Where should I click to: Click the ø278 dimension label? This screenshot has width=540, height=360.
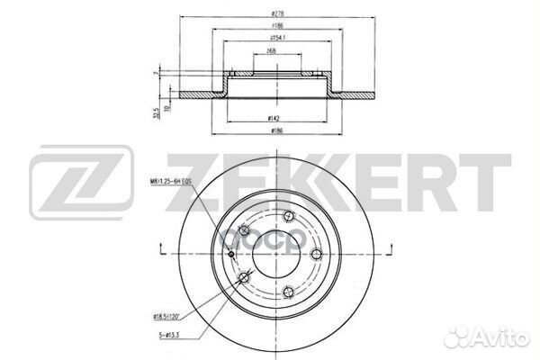click(x=272, y=13)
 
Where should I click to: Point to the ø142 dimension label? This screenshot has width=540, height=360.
click(x=272, y=118)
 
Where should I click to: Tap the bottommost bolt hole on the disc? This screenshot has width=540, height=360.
click(x=284, y=290)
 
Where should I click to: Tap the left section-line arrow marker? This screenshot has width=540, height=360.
click(x=161, y=251)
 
